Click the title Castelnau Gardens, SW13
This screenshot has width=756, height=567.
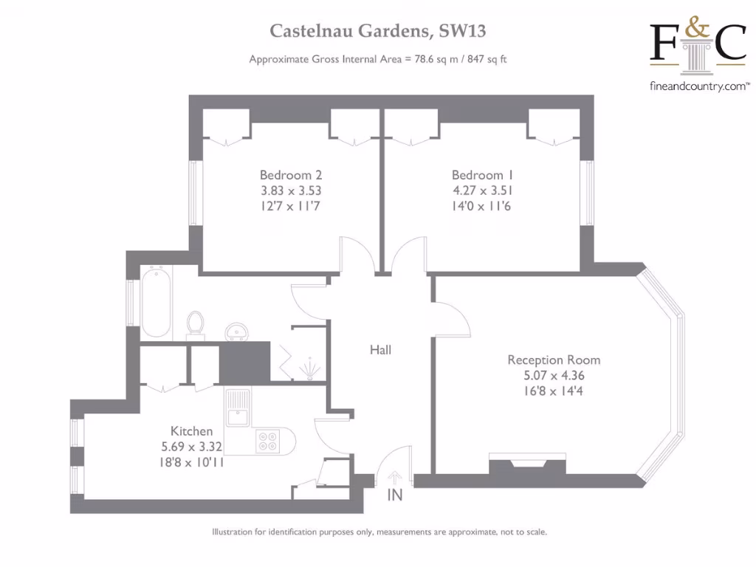377,32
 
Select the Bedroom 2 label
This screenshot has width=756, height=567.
290,176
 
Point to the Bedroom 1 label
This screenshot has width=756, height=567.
482,176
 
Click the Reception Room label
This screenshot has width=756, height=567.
554,360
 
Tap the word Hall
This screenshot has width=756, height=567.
380,350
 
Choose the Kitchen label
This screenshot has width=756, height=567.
192,431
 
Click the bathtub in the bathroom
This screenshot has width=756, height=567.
156,303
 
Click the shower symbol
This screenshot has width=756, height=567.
309,368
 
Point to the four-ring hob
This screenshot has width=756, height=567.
267,441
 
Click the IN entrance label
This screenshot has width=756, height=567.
395,495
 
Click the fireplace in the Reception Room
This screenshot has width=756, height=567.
527,467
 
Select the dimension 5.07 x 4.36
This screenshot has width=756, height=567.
554,375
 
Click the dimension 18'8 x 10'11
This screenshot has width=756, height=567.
192,461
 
